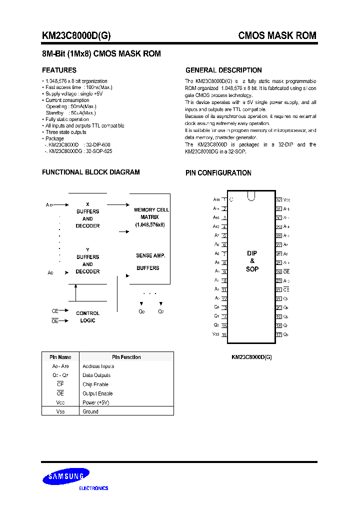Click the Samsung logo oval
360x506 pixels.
65,476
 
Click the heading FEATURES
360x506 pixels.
59,70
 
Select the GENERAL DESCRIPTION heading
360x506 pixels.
223,70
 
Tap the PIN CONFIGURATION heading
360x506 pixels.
218,173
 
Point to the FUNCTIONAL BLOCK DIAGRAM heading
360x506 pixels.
90,172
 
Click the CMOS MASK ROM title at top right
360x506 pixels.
277,36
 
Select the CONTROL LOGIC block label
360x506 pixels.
87,317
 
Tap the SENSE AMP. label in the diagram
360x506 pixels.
150,255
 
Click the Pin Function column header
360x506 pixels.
126,357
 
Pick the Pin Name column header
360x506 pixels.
60,357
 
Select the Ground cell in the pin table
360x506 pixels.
90,411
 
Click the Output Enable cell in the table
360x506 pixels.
97,393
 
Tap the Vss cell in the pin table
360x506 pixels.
60,411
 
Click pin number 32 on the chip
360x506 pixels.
279,199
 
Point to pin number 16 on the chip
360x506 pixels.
224,334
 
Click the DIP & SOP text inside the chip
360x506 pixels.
252,261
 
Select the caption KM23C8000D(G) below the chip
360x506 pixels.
251,357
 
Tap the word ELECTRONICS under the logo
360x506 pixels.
93,488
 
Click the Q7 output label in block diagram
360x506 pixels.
160,311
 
